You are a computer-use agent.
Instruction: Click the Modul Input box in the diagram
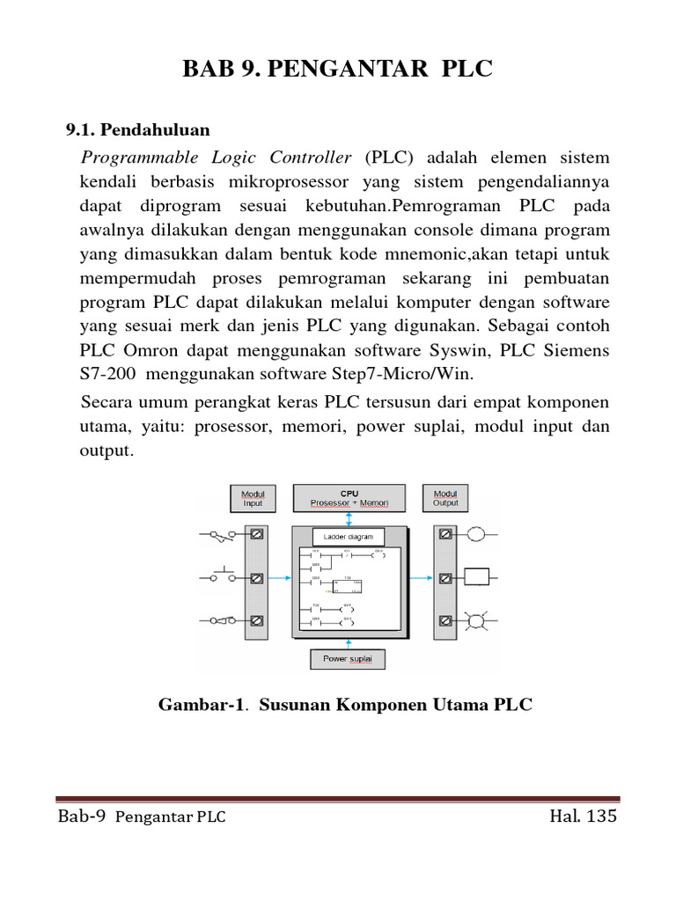[x=253, y=498]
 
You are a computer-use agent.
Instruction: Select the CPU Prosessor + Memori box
[x=349, y=498]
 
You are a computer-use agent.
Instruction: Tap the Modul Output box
[x=445, y=498]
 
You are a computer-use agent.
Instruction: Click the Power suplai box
[x=347, y=659]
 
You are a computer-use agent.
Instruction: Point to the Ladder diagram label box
[x=349, y=536]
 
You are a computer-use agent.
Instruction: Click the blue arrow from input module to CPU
[x=279, y=578]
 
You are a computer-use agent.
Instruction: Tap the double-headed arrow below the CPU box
[x=349, y=519]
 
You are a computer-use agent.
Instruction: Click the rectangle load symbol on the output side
[x=476, y=578]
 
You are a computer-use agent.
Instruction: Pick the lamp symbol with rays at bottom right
[x=476, y=621]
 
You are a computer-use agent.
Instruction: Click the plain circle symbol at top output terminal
[x=476, y=534]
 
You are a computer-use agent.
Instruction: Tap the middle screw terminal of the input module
[x=257, y=578]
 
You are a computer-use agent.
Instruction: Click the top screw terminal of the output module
[x=446, y=534]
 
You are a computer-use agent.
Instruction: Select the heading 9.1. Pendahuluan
[x=138, y=130]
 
